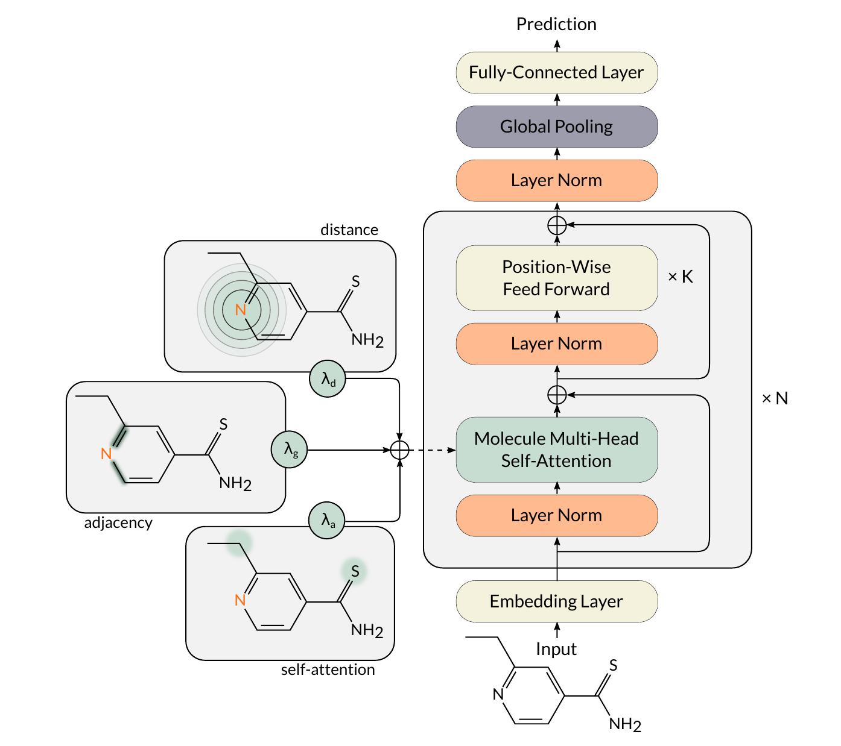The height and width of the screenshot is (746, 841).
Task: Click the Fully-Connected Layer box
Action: pos(556,72)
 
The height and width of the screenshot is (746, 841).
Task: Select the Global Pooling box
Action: pos(556,127)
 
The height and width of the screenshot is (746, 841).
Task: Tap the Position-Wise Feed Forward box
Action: pos(556,278)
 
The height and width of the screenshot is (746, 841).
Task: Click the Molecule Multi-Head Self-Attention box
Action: pos(556,450)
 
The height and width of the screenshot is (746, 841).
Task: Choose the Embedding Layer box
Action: pos(556,601)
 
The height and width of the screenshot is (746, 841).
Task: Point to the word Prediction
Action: pos(556,24)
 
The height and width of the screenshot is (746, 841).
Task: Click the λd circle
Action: pos(328,378)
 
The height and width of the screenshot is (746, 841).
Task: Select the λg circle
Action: pos(290,450)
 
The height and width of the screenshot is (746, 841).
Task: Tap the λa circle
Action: pos(328,521)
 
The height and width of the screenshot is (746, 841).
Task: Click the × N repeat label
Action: pos(775,398)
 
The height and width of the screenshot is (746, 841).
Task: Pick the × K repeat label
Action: pos(681,277)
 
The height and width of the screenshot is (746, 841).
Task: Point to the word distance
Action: pos(349,230)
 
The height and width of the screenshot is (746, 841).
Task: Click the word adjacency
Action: pos(118,522)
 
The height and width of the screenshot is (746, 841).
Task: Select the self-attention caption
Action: pos(328,669)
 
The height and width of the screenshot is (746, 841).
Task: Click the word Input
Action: pos(556,649)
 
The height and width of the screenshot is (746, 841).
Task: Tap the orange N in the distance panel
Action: pos(241,310)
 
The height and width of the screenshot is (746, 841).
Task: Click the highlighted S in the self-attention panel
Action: pos(355,571)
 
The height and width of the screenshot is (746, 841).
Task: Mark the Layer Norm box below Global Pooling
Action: pos(556,180)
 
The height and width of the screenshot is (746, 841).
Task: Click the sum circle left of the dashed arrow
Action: pos(400,450)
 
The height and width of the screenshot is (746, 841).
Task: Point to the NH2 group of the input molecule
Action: pos(624,724)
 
